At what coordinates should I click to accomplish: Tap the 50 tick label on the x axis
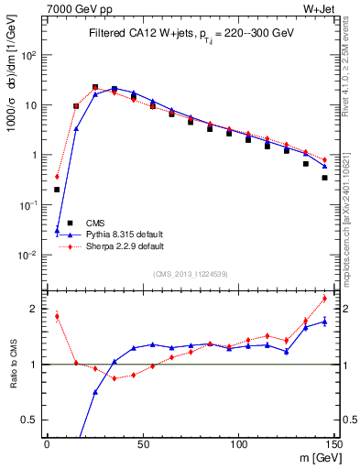click(142, 443)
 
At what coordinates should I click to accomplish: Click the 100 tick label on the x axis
click(238, 443)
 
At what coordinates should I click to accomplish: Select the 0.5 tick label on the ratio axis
click(30, 420)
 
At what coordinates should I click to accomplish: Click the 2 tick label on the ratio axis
click(35, 309)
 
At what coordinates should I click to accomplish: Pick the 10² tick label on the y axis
click(28, 55)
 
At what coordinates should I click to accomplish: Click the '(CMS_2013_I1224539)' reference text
click(190, 272)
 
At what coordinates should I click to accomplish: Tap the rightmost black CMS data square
click(324, 178)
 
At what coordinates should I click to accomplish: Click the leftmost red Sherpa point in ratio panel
click(57, 317)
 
